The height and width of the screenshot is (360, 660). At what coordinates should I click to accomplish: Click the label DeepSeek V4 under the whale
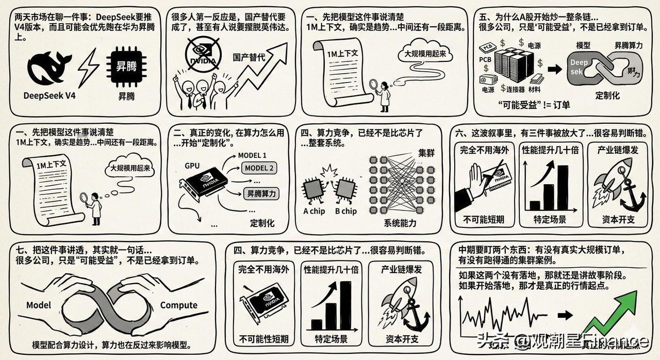(50, 95)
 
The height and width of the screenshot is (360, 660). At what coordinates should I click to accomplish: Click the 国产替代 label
(249, 57)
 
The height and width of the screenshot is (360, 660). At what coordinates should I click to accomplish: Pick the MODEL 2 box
(259, 168)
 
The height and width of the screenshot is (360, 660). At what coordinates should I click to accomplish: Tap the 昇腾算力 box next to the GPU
(261, 194)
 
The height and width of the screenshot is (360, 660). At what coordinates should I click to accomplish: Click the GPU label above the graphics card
(192, 166)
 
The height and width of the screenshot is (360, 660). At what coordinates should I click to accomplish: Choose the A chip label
(314, 211)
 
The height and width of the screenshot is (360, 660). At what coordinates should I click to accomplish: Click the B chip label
(345, 211)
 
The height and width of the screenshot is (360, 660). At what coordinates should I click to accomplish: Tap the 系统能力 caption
(400, 223)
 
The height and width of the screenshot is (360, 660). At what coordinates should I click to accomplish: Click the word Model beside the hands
(39, 305)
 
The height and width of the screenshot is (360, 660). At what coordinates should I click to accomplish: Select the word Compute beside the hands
(178, 305)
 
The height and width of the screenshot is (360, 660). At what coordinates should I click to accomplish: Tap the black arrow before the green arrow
(566, 315)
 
